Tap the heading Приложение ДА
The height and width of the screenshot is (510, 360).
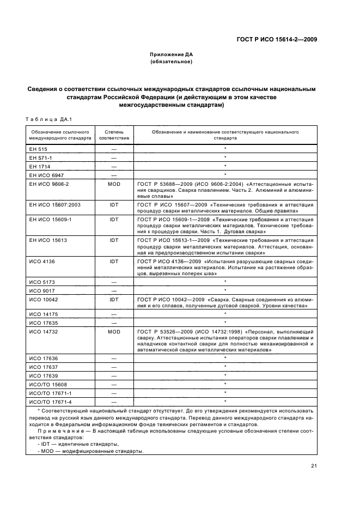pyautogui.click(x=172, y=54)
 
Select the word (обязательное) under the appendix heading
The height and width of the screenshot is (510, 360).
pyautogui.click(x=172, y=62)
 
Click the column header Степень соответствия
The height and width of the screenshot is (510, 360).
pyautogui.click(x=114, y=135)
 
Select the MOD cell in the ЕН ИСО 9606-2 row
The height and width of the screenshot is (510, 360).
pyautogui.click(x=114, y=184)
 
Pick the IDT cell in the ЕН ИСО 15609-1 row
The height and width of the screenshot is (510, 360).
pyautogui.click(x=114, y=219)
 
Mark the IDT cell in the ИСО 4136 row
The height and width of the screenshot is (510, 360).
pyautogui.click(x=114, y=261)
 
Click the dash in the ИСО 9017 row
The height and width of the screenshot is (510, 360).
pyautogui.click(x=114, y=290)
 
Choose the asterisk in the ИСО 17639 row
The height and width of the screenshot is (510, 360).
pyautogui.click(x=225, y=375)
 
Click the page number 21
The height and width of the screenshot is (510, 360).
pyautogui.click(x=314, y=465)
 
